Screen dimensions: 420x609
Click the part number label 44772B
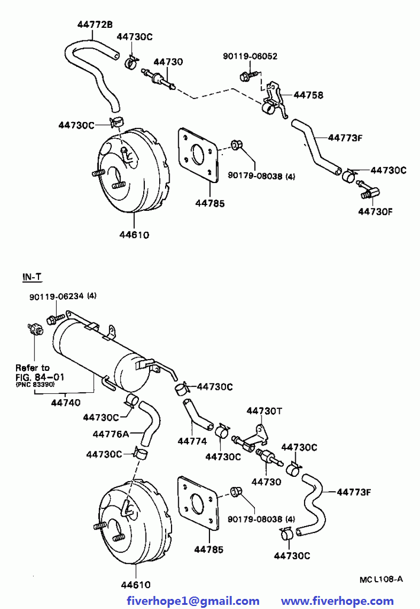coord(95,24)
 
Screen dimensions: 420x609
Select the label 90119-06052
coord(250,56)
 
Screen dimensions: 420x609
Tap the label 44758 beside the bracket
coord(308,95)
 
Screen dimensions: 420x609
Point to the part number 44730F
coord(375,211)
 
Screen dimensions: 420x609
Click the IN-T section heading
coord(32,277)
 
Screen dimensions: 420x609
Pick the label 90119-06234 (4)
coord(63,296)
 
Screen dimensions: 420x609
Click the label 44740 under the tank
coord(66,402)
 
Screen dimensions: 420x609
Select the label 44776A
coord(111,434)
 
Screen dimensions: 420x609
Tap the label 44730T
coord(264,411)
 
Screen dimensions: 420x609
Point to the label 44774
coord(192,441)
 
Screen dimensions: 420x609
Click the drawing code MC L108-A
coord(381,579)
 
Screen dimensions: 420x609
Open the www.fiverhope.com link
coord(337,601)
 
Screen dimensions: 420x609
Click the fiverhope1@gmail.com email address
coord(193,601)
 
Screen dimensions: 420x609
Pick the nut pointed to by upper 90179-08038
coord(236,145)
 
